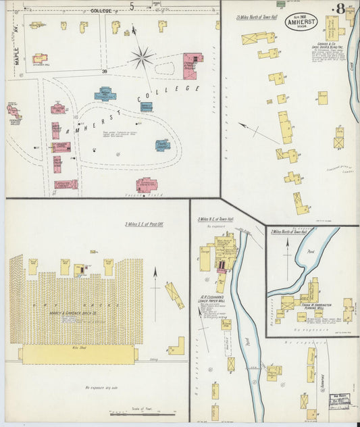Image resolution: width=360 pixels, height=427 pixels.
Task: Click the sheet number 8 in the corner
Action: pos(342,9)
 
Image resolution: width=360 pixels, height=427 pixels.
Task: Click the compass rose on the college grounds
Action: pos(143,58)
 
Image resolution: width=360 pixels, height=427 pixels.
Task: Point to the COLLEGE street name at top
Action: pos(100,11)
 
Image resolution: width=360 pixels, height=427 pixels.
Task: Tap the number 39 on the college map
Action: pos(105,72)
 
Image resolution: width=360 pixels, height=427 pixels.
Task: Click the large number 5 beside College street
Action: pos(132,6)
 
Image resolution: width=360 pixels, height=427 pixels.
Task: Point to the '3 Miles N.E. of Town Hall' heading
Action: pos(215,219)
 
